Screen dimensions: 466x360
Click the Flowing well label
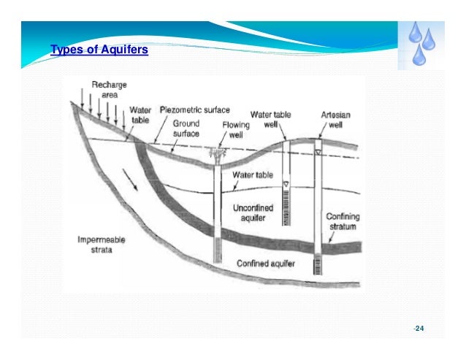point(235,130)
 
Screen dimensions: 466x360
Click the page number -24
point(418,329)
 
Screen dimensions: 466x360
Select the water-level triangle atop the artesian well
point(318,151)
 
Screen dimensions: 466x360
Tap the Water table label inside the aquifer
point(252,175)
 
